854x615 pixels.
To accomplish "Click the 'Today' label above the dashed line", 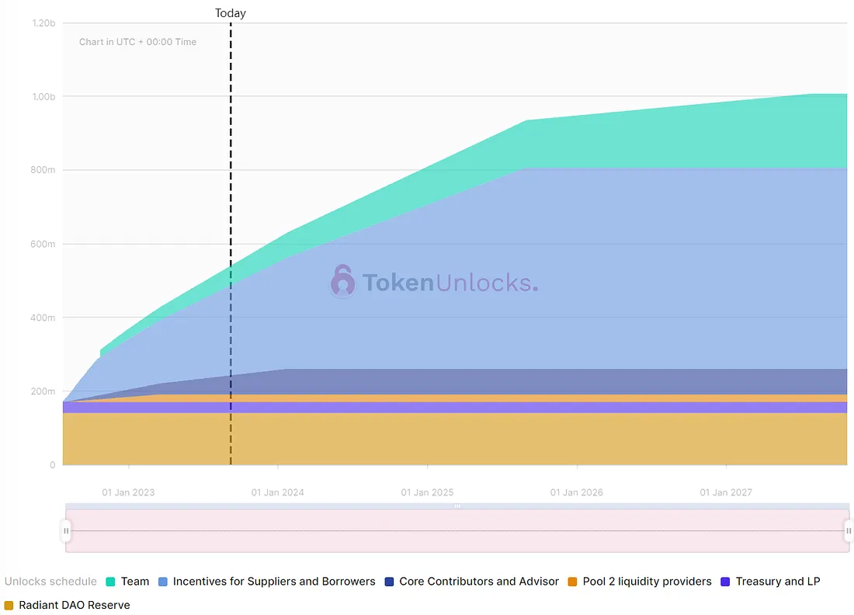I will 231,13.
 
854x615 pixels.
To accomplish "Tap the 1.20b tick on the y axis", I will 43,23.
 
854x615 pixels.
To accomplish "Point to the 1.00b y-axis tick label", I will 43,96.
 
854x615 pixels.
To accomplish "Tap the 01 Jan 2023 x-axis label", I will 128,492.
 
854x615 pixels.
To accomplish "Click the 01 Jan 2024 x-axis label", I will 278,492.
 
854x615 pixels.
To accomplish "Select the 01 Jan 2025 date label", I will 427,492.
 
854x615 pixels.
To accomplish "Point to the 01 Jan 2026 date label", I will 577,492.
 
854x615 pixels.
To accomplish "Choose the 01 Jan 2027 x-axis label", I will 726,492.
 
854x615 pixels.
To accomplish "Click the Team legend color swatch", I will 110,582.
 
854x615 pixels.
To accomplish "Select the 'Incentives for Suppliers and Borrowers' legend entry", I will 274,582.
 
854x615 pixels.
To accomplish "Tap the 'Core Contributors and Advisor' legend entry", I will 479,582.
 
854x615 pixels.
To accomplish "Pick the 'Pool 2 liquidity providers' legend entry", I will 647,582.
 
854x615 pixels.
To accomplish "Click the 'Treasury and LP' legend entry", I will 777,582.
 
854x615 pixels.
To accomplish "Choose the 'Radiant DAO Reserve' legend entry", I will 75,605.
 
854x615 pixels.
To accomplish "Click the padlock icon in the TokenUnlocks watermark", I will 342,281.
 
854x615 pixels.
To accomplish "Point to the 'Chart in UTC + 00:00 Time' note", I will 137,42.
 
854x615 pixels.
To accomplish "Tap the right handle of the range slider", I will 849,531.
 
